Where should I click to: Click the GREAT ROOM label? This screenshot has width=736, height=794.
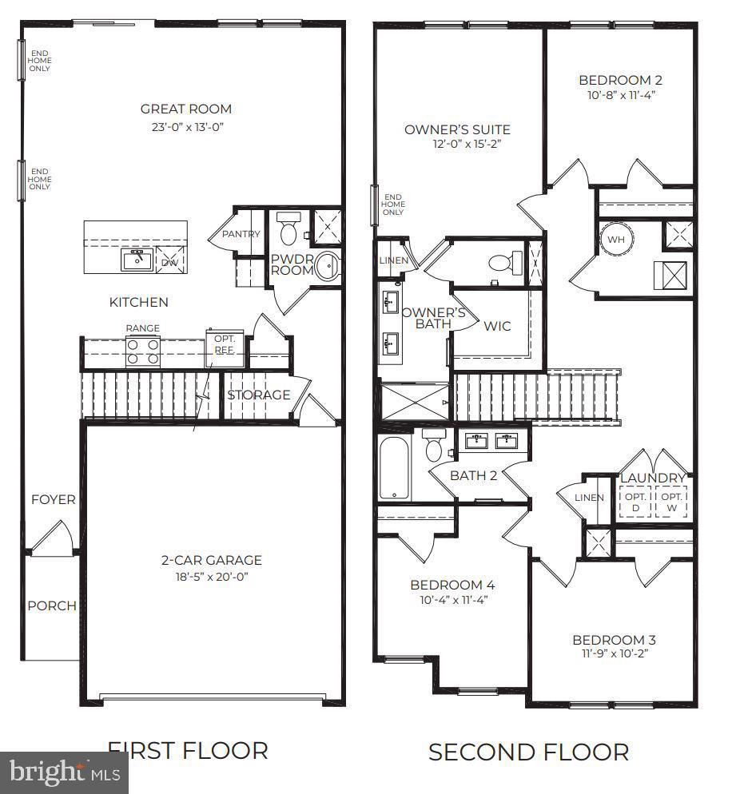coord(185,109)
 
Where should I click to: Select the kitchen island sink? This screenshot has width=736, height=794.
coord(137,259)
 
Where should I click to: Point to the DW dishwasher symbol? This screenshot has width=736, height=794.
coord(170,260)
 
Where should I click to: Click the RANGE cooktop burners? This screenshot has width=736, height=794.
coord(142,351)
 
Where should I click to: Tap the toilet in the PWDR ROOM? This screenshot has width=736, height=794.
coord(288,228)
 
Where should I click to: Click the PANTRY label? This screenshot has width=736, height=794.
coord(241,234)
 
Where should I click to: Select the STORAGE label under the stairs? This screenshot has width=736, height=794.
coord(258,395)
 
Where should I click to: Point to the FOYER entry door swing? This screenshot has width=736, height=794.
coord(52,535)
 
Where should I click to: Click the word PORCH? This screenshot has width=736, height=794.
coord(52,605)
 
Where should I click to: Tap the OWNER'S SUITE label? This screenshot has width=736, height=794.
coord(457,129)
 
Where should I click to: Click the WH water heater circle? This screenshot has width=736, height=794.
coord(616,239)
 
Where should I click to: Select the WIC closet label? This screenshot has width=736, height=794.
coord(497,326)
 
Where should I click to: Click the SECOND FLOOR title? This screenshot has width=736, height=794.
coord(528,752)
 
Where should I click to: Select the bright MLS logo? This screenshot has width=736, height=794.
coord(64,772)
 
